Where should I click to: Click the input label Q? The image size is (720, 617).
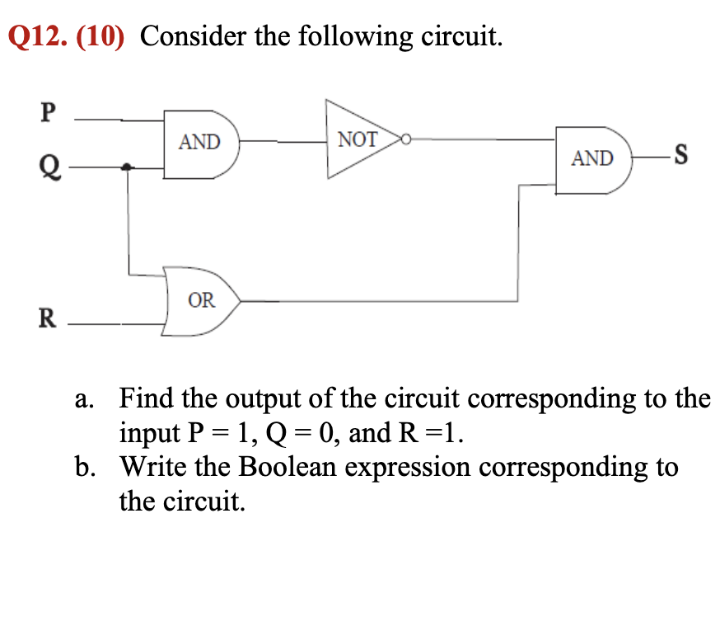click(48, 169)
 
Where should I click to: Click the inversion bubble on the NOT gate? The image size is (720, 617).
click(404, 139)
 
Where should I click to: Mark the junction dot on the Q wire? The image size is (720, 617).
click(126, 167)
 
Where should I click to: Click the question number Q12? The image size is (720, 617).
click(37, 37)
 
